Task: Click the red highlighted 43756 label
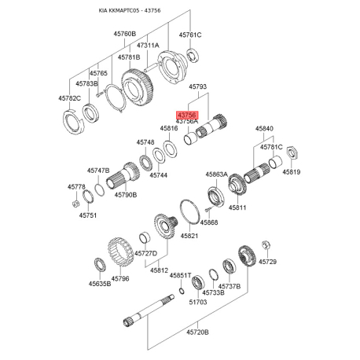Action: (x=187, y=115)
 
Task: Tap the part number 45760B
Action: (x=125, y=34)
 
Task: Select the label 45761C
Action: (x=190, y=35)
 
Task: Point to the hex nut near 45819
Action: (x=292, y=152)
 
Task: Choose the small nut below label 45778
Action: (x=75, y=204)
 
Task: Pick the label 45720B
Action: (x=198, y=332)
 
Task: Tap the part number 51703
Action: (x=198, y=302)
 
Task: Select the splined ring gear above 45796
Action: (x=121, y=251)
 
